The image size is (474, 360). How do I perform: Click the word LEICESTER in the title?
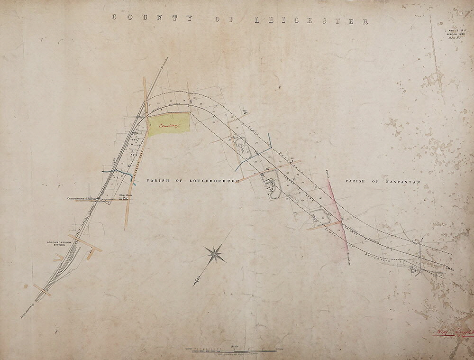312,20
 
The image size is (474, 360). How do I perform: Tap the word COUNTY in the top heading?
152,18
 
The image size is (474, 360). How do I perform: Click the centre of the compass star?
215,254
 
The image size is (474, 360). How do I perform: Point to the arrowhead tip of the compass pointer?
194,285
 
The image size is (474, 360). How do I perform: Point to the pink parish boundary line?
337,209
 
